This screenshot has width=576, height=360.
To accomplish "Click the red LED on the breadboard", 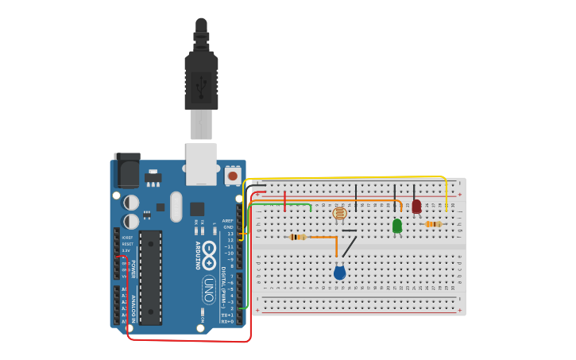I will (416, 207).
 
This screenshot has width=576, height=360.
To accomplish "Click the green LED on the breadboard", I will (397, 226).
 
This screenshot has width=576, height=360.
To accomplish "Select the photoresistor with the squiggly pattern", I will (339, 213).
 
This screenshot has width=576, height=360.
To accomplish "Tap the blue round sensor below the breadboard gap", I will (339, 273).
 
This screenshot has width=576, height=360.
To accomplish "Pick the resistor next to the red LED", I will (432, 224).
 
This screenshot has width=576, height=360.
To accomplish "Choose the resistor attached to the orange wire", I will (298, 237).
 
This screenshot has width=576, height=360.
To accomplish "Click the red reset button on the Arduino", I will (233, 175).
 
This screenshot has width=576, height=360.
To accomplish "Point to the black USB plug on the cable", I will (201, 79).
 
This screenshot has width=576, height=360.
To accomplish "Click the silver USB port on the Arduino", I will (201, 163).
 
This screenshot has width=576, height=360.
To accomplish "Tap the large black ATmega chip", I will (151, 277).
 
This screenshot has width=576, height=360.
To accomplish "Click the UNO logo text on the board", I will (208, 289).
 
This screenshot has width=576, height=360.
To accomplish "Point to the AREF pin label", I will (228, 221).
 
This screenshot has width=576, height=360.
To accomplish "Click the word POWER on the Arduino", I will (133, 269).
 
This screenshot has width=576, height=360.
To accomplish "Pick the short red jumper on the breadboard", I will (284, 202).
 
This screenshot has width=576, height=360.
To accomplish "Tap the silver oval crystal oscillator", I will (176, 207).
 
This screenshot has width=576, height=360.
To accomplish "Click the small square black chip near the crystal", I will (196, 209).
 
